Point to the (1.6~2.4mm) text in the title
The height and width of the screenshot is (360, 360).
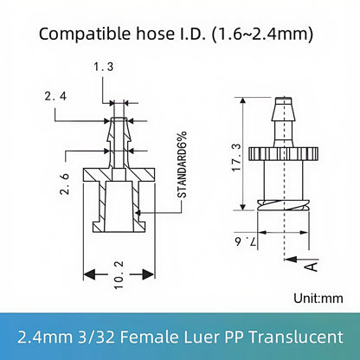265,35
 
